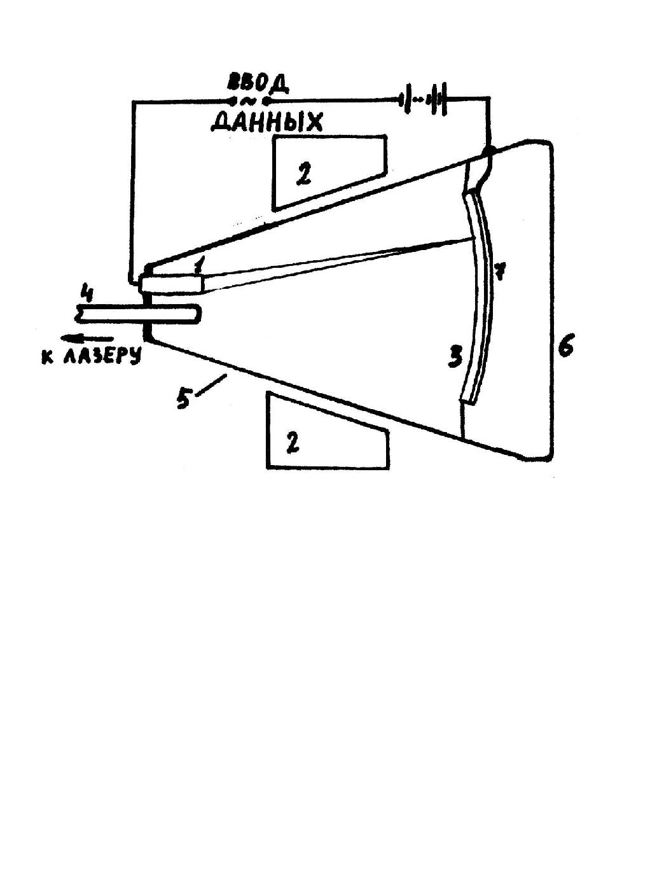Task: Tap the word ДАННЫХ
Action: pyautogui.click(x=266, y=122)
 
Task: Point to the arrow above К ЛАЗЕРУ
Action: pyautogui.click(x=87, y=338)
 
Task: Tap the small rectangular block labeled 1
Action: pyautogui.click(x=172, y=284)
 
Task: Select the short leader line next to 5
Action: pyautogui.click(x=211, y=384)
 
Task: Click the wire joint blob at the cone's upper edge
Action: pyautogui.click(x=489, y=151)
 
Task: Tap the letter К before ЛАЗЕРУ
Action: pyautogui.click(x=48, y=357)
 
